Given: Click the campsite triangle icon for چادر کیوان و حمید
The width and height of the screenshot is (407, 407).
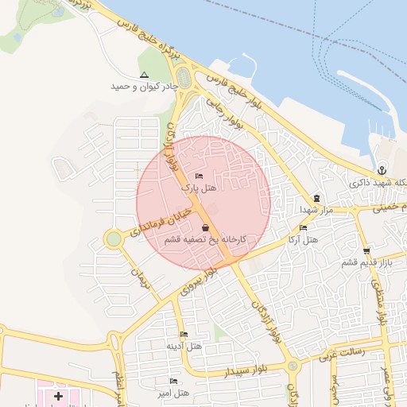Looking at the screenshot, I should click(x=144, y=75).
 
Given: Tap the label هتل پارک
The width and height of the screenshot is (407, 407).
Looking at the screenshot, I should click(x=200, y=188).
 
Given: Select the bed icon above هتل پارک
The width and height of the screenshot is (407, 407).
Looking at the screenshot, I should click(x=199, y=176).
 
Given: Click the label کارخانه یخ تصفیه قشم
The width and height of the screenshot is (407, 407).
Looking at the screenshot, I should click(x=205, y=238).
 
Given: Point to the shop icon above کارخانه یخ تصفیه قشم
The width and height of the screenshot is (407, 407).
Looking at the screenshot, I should click(x=206, y=227).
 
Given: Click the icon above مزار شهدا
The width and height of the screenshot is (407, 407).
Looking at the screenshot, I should click(x=316, y=198).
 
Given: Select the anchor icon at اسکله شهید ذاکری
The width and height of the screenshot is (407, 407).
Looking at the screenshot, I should click(x=382, y=169).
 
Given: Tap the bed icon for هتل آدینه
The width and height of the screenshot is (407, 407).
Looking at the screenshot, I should click(x=184, y=334).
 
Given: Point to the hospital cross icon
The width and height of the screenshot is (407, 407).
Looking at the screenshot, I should click(x=58, y=395).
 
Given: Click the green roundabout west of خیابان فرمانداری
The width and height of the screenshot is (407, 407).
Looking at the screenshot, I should click(x=114, y=238).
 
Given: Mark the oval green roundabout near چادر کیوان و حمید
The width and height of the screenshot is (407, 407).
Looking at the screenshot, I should click(x=184, y=78).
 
